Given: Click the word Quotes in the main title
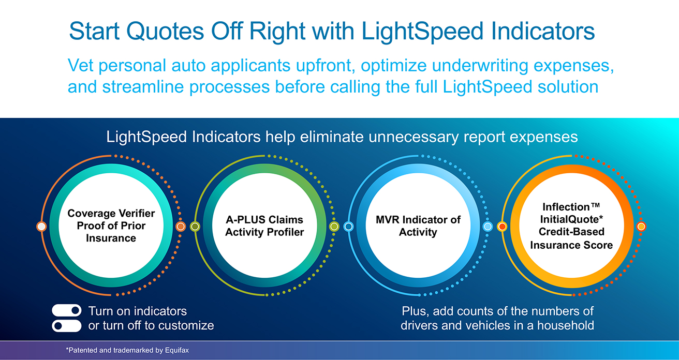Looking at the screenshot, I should (x=173, y=32).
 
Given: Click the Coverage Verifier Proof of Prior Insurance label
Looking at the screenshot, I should (x=111, y=226).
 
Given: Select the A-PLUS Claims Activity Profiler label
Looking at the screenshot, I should (x=264, y=226).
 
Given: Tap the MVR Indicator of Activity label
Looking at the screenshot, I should (x=418, y=226).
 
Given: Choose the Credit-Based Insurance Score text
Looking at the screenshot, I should (x=571, y=238).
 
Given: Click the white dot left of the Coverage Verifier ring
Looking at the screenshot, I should (x=42, y=227).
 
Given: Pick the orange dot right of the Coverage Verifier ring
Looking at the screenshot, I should (x=181, y=227).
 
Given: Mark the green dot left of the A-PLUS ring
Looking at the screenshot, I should (x=195, y=227).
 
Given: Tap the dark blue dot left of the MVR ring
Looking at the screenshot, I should (x=348, y=227).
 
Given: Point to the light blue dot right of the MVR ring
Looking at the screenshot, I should (x=488, y=227).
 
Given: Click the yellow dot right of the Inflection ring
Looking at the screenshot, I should (x=641, y=227).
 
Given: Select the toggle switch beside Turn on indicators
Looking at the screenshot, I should (x=67, y=310).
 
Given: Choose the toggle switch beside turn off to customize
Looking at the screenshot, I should (x=67, y=326).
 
